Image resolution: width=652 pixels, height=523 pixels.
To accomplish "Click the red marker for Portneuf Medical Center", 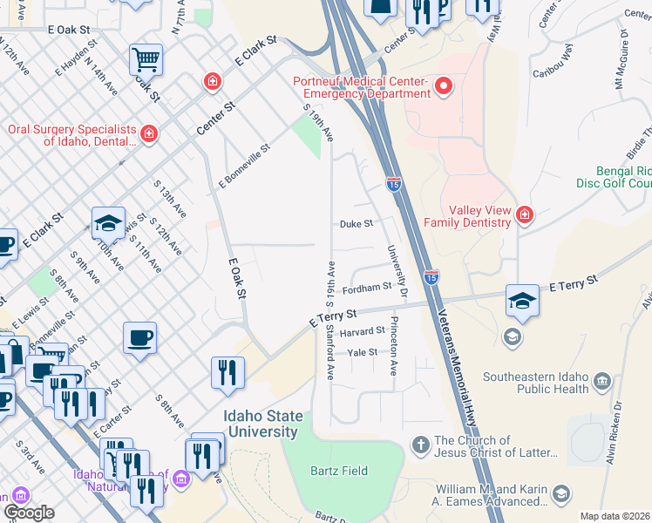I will point(444,85).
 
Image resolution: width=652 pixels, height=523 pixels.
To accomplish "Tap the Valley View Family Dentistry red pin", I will point(524,214).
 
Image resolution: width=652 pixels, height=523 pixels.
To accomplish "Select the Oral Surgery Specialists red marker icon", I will point(149,133).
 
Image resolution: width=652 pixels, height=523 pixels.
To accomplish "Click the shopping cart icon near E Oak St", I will point(146,60).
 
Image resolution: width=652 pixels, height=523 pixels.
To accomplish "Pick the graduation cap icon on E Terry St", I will point(522,301).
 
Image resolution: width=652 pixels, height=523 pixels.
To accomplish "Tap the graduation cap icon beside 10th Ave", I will point(108,224).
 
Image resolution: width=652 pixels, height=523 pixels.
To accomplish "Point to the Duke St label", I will point(356,224).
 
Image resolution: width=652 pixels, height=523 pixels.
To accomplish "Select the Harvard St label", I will point(363,332).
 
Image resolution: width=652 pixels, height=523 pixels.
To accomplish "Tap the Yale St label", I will point(362,352).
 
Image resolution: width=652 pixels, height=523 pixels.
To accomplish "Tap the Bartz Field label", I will point(339,471).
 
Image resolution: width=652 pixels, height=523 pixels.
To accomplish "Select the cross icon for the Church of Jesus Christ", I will point(420,445).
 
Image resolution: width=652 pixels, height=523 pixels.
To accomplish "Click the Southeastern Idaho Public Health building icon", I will point(601,381).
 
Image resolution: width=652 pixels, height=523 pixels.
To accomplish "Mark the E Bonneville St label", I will point(244,166).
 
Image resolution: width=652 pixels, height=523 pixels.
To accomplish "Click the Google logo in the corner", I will point(30,513).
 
